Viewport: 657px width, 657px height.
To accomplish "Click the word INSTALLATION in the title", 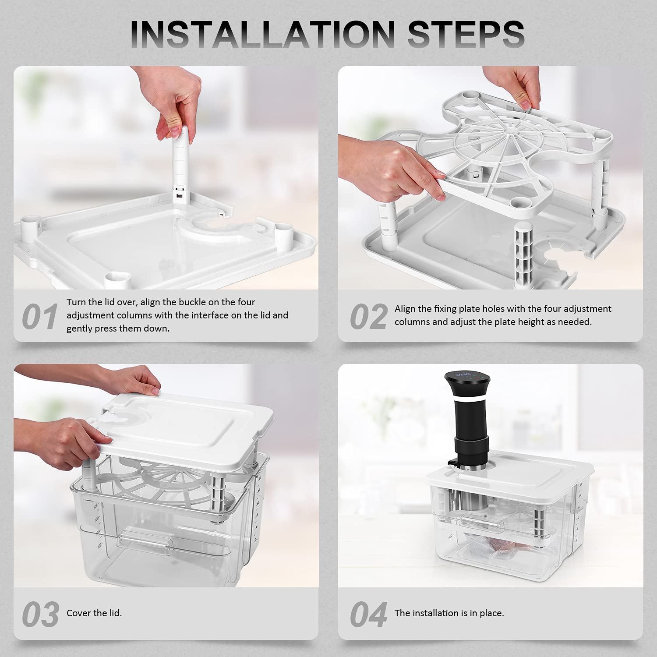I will tap(265, 34).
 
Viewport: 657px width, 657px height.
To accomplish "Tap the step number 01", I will tap(39, 317).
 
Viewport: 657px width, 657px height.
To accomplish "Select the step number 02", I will tap(368, 317).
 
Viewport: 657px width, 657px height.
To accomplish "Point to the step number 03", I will tap(40, 615).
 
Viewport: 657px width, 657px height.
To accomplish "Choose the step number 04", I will tap(368, 615).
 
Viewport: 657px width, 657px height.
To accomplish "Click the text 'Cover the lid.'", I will tap(94, 613).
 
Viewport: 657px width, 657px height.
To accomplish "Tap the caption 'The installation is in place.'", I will tap(449, 613).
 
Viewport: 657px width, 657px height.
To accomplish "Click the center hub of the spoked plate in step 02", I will tap(510, 131).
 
